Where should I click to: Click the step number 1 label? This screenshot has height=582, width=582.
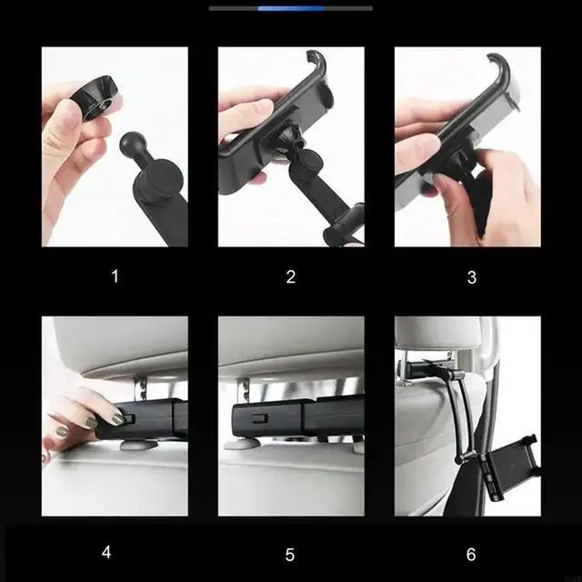click(x=115, y=276)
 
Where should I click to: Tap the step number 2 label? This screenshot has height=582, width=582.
click(x=291, y=276)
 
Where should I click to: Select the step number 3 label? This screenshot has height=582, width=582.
click(x=471, y=277)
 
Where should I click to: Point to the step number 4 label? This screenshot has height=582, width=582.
click(x=106, y=552)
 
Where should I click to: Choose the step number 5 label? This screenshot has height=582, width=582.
click(x=290, y=555)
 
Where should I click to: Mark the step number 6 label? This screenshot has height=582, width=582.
click(x=471, y=554)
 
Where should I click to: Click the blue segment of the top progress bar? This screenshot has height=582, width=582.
click(x=291, y=8)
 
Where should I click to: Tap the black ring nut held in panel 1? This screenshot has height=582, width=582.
click(x=94, y=97)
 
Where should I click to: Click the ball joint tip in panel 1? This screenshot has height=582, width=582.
click(x=130, y=144)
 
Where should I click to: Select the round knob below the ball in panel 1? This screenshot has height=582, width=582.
click(x=163, y=176)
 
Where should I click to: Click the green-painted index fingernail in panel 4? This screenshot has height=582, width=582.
click(x=118, y=418)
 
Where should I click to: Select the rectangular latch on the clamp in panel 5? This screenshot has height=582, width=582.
click(x=260, y=418)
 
